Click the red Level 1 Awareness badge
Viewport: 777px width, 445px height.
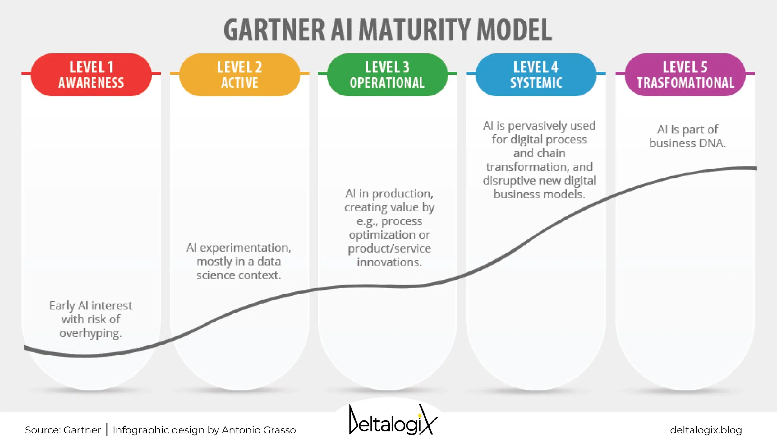(91, 75)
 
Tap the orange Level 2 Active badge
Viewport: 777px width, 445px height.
(240, 75)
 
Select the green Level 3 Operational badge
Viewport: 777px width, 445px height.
(387, 75)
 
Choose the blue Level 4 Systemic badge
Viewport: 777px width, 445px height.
(536, 75)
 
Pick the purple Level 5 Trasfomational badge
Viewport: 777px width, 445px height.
(685, 75)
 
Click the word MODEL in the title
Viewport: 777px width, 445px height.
(514, 30)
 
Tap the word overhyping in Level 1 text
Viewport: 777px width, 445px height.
(90, 333)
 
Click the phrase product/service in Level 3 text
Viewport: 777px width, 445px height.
(389, 248)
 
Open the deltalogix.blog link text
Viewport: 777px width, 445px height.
(706, 430)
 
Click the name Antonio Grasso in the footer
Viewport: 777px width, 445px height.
(259, 430)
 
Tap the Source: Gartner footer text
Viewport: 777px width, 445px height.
(63, 430)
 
